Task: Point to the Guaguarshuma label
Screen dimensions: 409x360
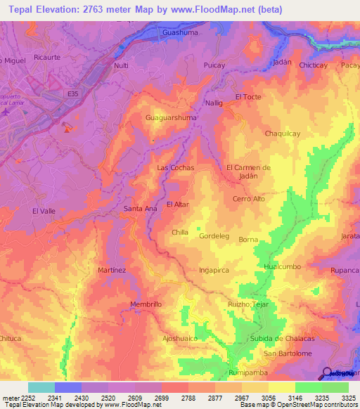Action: [171, 118]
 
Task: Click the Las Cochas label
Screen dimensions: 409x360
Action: [175, 168]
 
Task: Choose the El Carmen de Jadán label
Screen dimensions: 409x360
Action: [248, 171]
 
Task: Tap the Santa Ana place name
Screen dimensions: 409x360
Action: [140, 208]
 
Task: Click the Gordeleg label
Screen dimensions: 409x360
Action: [214, 236]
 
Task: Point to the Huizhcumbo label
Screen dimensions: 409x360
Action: [283, 266]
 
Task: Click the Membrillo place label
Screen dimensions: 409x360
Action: [146, 304]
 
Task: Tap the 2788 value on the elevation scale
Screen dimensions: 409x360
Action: [188, 397]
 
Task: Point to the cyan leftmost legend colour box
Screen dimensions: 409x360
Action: [41, 387]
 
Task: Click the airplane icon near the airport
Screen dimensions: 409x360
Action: [6, 112]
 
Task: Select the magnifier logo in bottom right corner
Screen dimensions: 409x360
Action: [328, 373]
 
